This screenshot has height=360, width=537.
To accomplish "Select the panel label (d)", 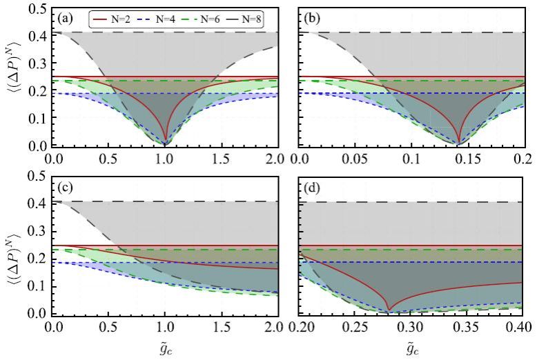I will (x=313, y=187).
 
